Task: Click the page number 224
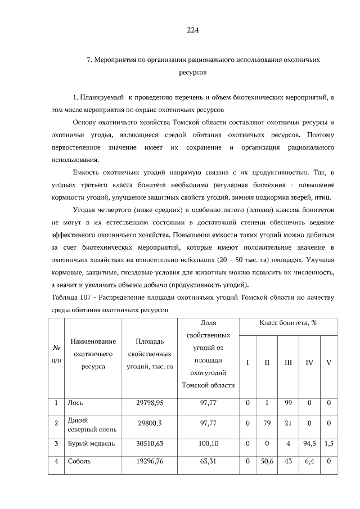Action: [193, 30]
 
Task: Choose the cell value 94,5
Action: [309, 444]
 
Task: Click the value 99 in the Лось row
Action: [288, 403]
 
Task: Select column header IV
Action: [309, 363]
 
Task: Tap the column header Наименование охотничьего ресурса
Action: [93, 354]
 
